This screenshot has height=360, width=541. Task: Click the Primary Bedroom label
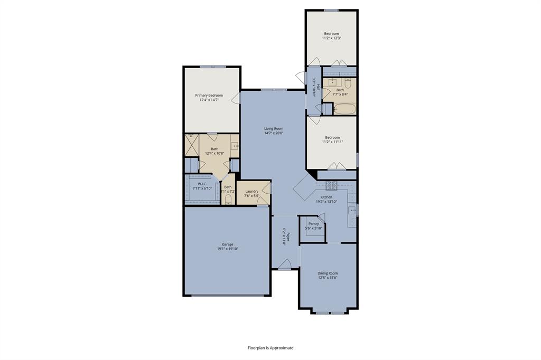click(209, 96)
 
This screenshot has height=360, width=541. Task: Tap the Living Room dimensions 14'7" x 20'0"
click(274, 134)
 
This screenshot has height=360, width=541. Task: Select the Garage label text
click(227, 244)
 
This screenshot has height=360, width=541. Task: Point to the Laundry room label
click(251, 191)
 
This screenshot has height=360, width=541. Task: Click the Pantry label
click(313, 223)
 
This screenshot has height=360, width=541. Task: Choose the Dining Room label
click(328, 273)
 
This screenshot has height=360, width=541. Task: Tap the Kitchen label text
click(326, 197)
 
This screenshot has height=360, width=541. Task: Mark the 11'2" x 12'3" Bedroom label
click(331, 34)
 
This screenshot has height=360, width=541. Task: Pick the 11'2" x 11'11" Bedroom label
click(332, 138)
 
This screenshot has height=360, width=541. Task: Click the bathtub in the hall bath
click(344, 109)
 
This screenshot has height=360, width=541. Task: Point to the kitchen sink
click(352, 210)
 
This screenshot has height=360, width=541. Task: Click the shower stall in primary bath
click(191, 145)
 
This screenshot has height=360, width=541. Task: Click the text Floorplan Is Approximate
click(270, 348)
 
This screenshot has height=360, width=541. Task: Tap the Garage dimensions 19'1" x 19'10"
click(227, 249)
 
